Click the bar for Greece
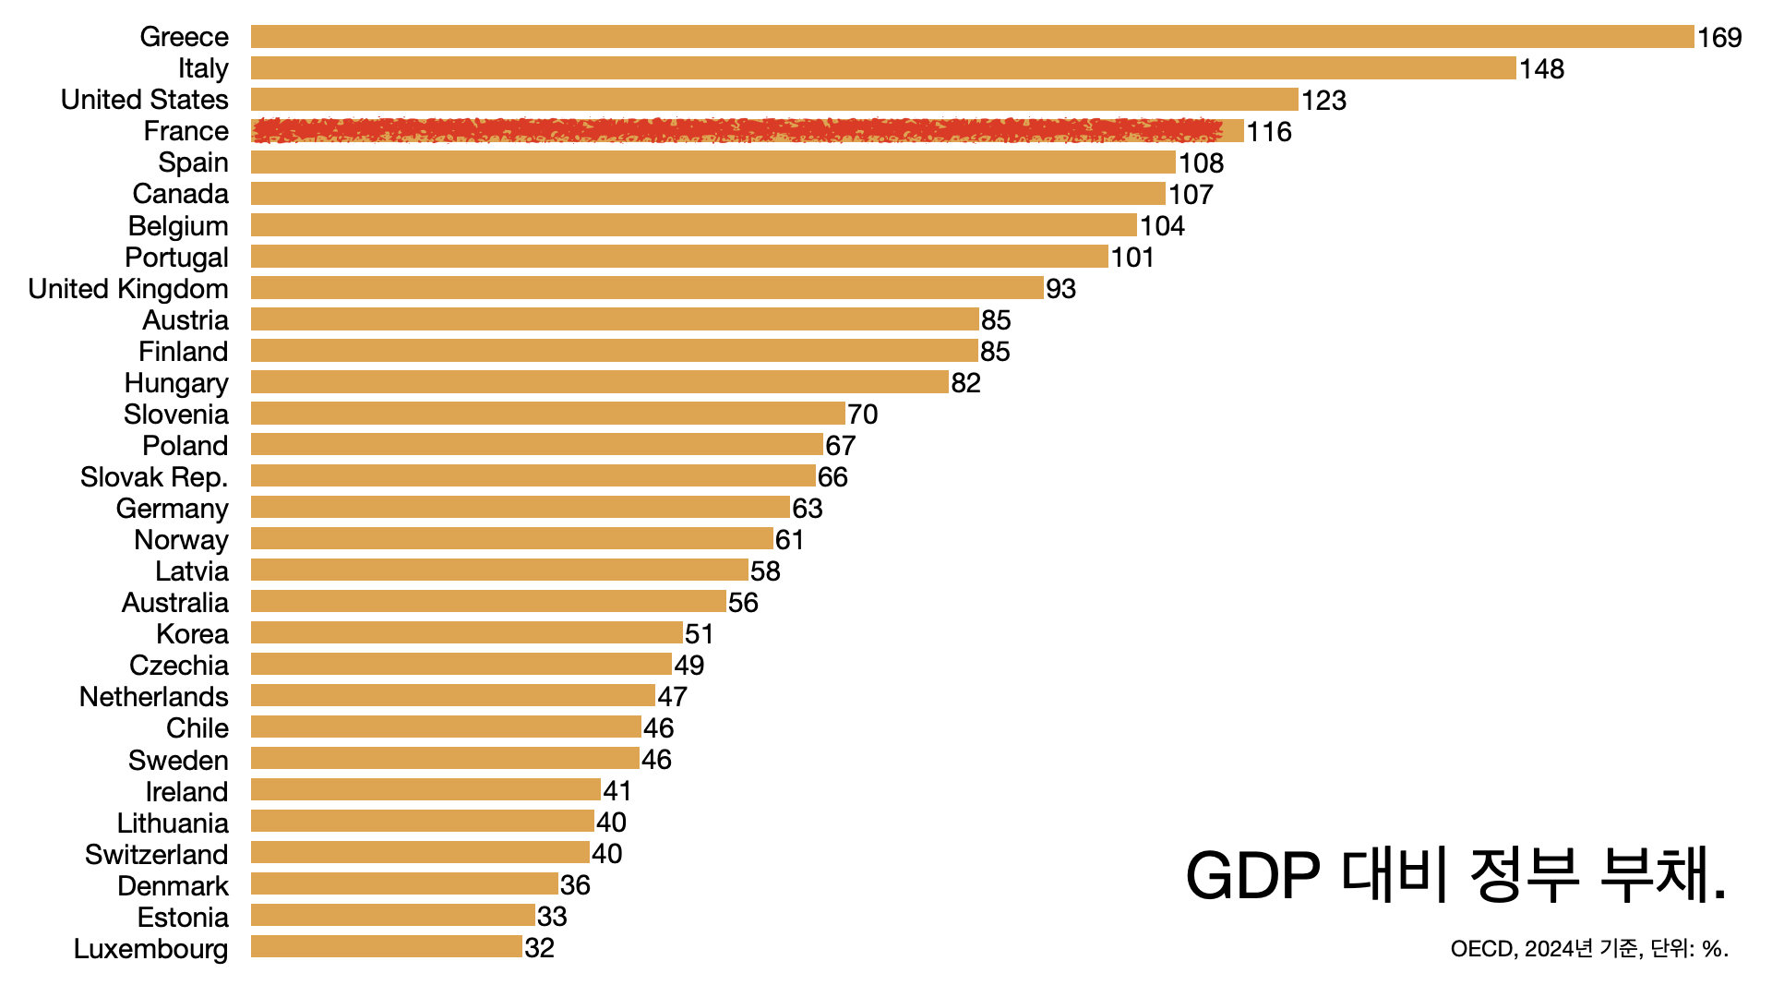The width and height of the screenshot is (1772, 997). tap(972, 37)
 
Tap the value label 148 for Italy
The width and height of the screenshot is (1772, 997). tap(1542, 69)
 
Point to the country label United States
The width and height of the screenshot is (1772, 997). tap(145, 100)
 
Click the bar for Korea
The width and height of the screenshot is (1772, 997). tap(466, 633)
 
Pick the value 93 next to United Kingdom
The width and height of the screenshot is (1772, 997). tap(1061, 289)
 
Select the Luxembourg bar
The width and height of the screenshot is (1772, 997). tap(386, 947)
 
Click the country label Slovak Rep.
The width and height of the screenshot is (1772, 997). tap(154, 477)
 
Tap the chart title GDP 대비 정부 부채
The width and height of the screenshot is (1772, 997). tap(1455, 875)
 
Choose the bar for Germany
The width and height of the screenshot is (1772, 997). tap(520, 508)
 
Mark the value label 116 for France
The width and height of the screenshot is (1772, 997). tap(1269, 132)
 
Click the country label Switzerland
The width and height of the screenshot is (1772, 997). tap(157, 855)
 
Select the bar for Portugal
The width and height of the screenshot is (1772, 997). tap(678, 257)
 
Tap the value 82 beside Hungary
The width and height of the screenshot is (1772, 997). tap(966, 383)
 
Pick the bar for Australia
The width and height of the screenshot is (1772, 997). tap(488, 602)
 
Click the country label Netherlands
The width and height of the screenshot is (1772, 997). tap(154, 697)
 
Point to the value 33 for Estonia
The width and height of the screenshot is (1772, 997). tap(552, 917)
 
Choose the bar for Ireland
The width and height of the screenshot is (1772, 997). tap(425, 790)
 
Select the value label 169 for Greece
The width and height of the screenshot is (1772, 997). tap(1719, 38)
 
